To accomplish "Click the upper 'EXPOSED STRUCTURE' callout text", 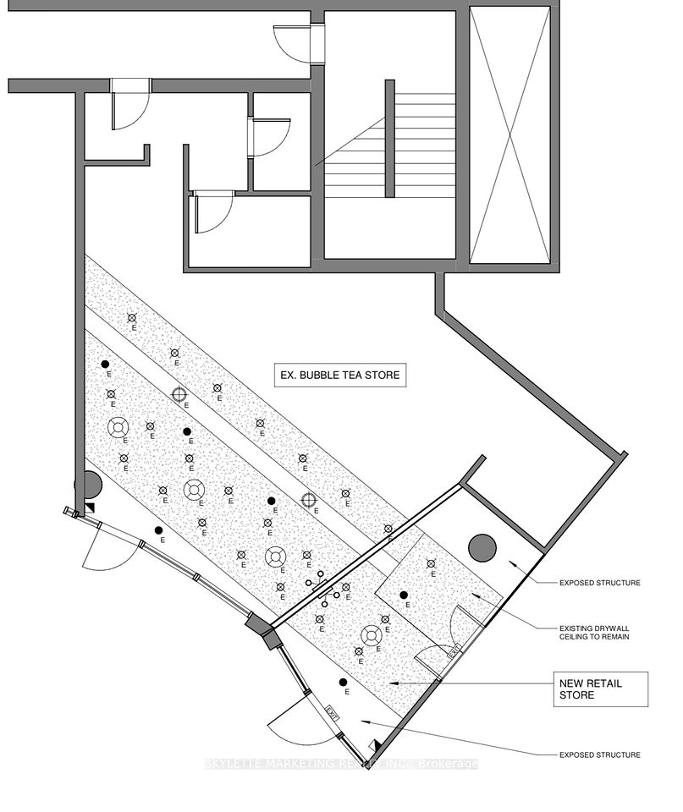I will click(600, 583).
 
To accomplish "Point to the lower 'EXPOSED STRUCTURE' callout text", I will click(600, 754).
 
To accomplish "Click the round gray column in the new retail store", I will click(483, 547).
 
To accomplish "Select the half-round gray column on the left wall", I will click(91, 486).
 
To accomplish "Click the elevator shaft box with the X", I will click(509, 135).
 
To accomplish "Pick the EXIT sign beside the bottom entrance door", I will click(333, 712).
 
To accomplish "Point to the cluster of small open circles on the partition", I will click(326, 589).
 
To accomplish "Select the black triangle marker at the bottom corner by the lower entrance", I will click(375, 747).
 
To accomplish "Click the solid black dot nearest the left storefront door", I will click(159, 530).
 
